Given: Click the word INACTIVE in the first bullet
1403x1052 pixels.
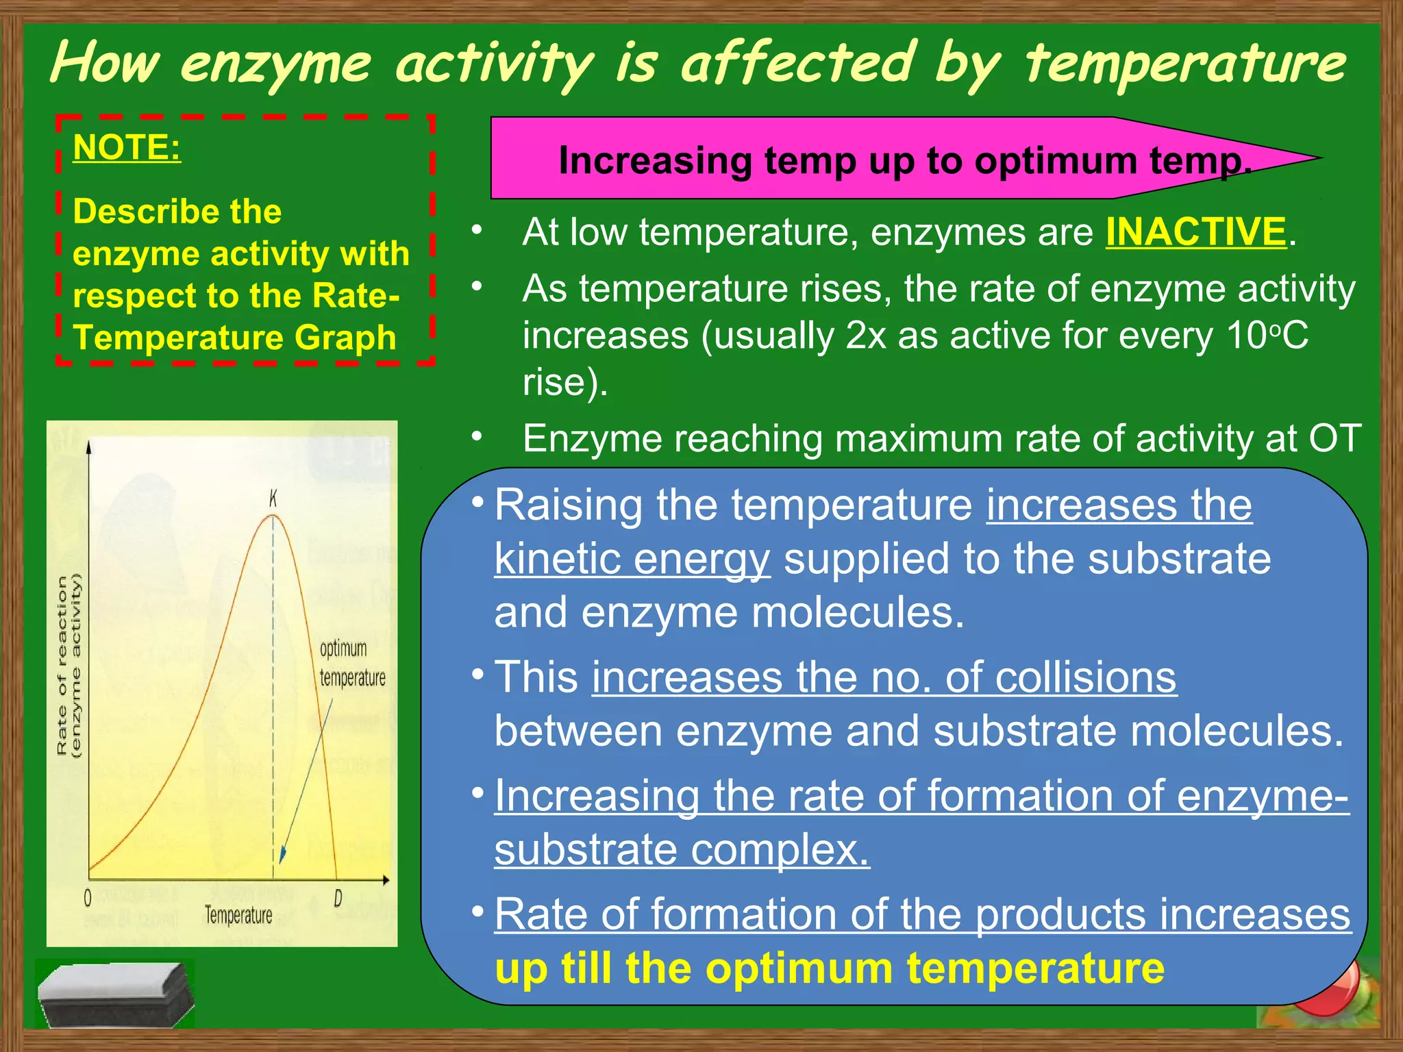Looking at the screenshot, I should tap(1195, 231).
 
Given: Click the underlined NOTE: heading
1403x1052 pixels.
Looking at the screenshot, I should tap(127, 147).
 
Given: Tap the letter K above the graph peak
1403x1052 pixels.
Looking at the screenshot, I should tap(273, 499).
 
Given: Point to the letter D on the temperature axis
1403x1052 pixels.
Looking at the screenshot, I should tap(338, 898).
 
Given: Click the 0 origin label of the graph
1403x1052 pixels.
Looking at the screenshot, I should tap(88, 898).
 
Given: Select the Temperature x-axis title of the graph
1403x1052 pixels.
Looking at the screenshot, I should tap(238, 915).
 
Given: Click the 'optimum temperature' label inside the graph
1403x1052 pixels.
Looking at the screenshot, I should tap(352, 663).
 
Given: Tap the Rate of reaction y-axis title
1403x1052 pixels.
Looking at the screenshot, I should tap(68, 664).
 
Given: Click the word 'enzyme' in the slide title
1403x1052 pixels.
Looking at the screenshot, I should tap(275, 64).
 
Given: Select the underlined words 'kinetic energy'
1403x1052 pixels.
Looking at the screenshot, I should tap(632, 559).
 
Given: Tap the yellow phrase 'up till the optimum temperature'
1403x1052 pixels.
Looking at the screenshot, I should tap(829, 968).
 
